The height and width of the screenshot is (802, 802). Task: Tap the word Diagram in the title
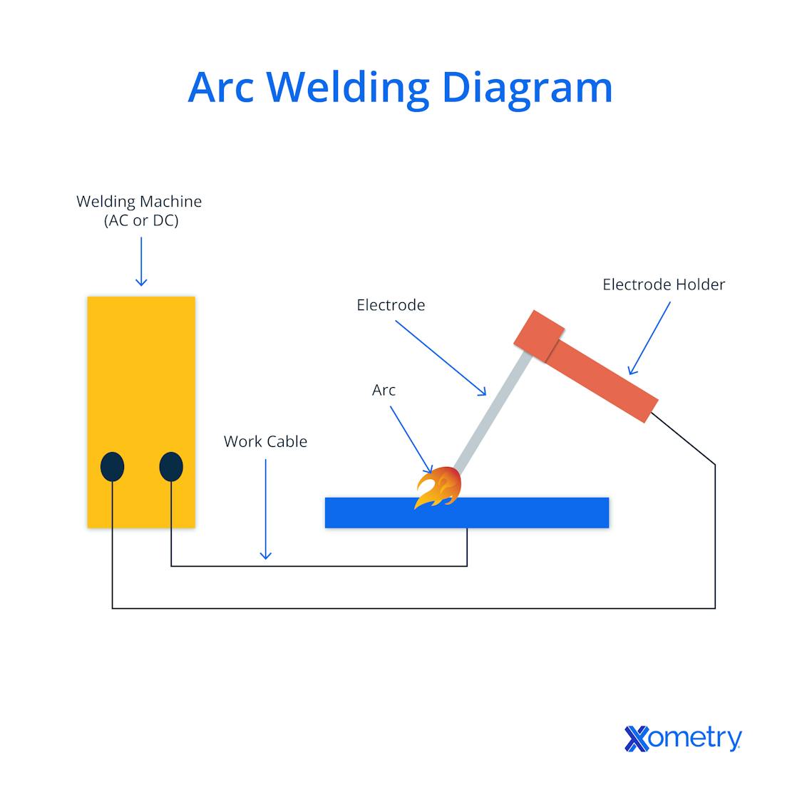coord(527,88)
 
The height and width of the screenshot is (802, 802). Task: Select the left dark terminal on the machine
coord(112,468)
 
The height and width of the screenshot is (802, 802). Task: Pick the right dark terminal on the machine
coord(171,468)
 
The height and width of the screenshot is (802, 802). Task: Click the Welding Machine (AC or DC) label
coord(139,211)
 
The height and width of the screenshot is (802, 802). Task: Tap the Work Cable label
coord(265,441)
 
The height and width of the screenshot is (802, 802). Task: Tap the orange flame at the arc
coord(438,488)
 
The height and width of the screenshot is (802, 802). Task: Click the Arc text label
coord(384,390)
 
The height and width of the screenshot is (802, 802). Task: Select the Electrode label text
coord(391,305)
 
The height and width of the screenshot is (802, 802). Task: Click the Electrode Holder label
coord(663,284)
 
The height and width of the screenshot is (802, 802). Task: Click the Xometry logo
coord(683,739)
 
